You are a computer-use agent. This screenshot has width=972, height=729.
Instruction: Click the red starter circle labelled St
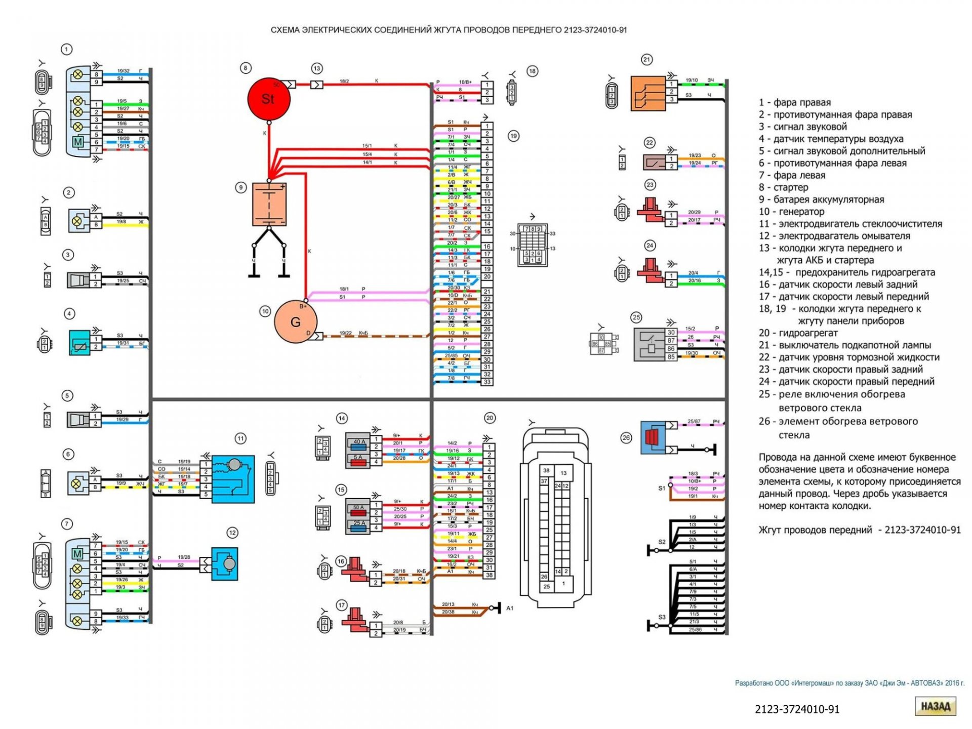coord(268,99)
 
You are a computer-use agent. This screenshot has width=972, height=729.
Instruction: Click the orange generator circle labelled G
coord(295,321)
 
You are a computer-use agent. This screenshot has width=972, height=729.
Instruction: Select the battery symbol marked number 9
coord(269,204)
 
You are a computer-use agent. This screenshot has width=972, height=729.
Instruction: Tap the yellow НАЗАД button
coord(935,706)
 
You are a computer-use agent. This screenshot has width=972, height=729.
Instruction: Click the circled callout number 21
coord(646,60)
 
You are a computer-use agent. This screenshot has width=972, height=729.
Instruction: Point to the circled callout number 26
coord(626,437)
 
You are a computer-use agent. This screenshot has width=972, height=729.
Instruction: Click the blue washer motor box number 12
coord(224,563)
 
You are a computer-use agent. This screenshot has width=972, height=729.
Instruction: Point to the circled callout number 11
coord(240,438)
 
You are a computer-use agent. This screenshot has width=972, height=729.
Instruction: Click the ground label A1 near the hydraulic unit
coord(510,608)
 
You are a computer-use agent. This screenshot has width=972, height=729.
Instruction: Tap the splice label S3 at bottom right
coord(662,617)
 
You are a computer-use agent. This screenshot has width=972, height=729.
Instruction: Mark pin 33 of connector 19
coord(487,382)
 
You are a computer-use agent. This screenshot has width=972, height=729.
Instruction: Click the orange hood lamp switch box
coord(647,93)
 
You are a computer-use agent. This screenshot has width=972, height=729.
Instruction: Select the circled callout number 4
coord(69,314)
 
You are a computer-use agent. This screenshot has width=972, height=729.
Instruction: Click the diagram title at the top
coord(449,30)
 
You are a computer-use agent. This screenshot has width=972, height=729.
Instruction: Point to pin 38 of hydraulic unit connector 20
coord(489,575)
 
